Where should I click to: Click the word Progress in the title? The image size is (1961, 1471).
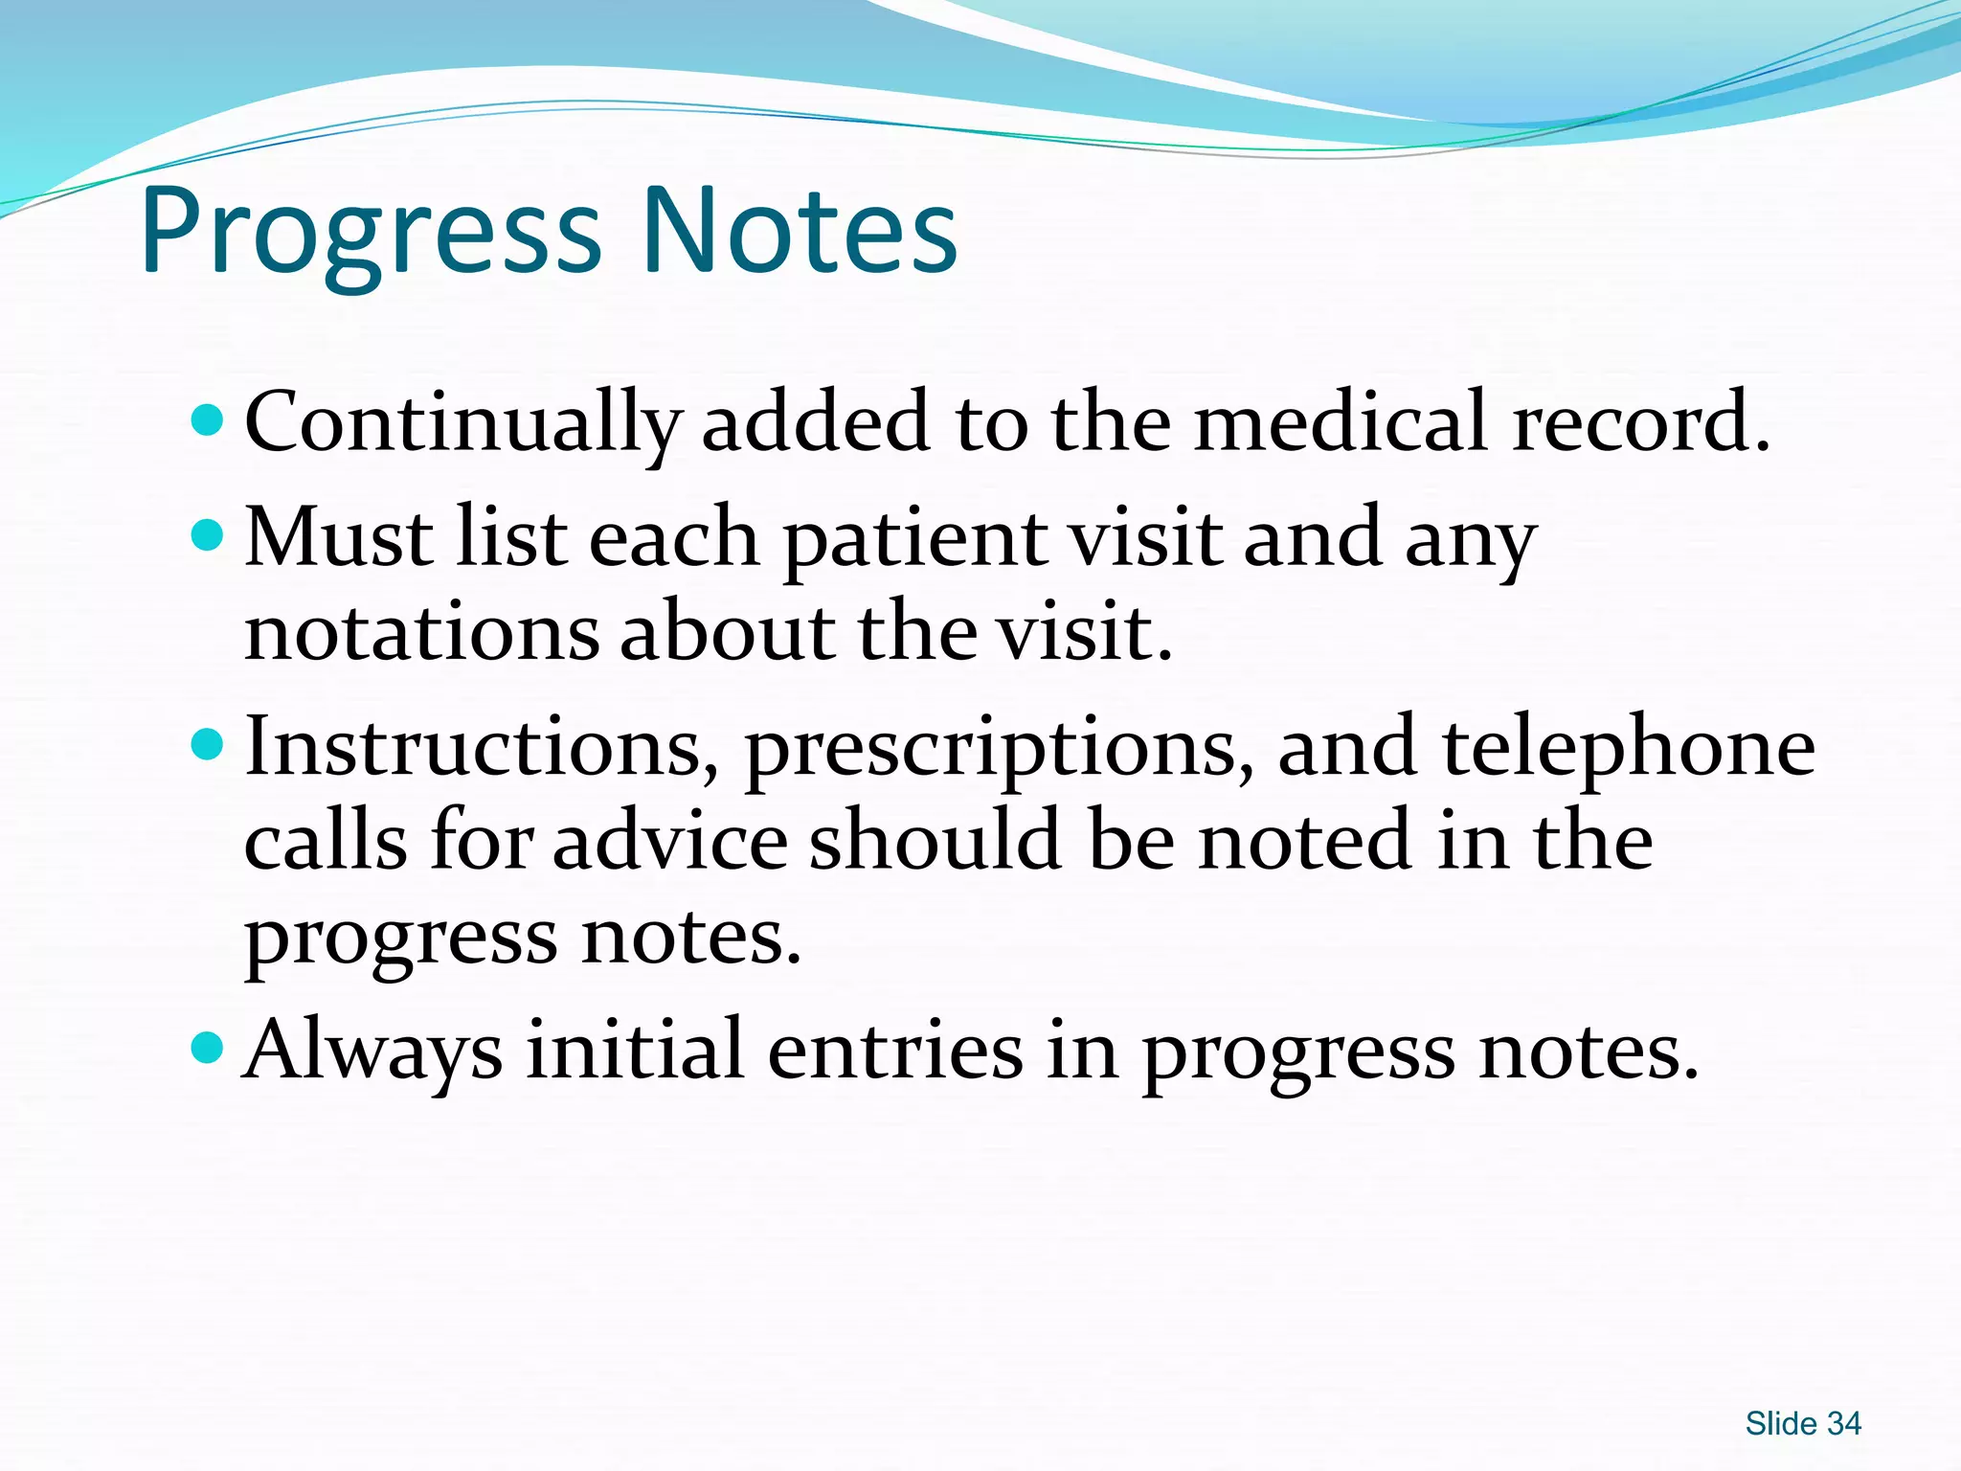point(372,233)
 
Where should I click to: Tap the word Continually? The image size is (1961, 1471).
point(462,422)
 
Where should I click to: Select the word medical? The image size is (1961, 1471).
point(1341,422)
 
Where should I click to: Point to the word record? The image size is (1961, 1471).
point(1640,422)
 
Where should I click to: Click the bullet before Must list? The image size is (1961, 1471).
point(207,534)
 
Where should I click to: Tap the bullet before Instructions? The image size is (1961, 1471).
point(207,743)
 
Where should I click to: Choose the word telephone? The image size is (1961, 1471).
point(1628,748)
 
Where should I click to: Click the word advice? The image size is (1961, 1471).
point(669,841)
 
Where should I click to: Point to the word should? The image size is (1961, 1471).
point(935,841)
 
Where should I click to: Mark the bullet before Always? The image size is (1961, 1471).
point(207,1048)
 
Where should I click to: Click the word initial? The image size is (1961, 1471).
point(635,1050)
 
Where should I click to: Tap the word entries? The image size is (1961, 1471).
point(895,1050)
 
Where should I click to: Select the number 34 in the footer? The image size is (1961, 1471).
point(1844,1424)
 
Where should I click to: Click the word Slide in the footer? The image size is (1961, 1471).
point(1781,1424)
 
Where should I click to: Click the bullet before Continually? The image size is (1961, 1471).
point(207,419)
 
